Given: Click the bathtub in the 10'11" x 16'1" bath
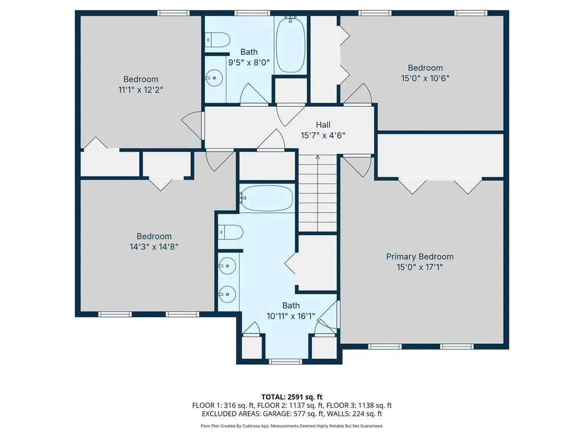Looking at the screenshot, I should click(266, 198).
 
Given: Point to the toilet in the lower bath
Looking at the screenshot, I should click(231, 232).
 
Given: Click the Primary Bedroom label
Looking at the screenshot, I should click(420, 257).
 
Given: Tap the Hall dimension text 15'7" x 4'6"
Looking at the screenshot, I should click(323, 135).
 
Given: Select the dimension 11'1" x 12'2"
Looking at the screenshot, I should click(140, 90).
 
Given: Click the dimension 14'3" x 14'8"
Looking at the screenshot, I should click(154, 246).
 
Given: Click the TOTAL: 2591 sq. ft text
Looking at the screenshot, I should click(292, 396).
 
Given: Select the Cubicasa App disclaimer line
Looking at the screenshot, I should click(292, 426).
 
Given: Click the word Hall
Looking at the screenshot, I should click(323, 125).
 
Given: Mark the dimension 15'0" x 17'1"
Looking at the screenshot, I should click(420, 267).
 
